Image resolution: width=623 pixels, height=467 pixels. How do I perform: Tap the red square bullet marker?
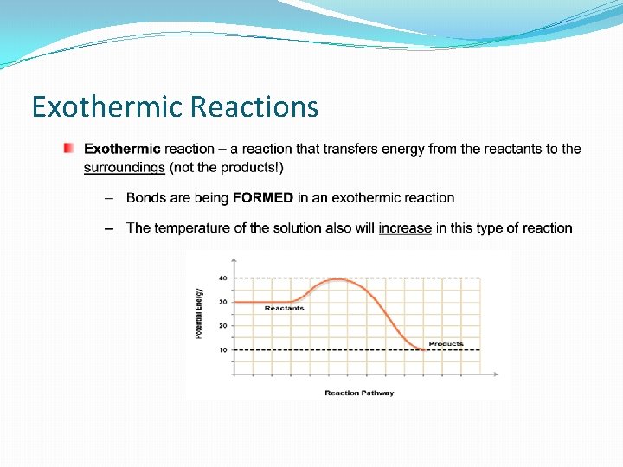(x=68, y=149)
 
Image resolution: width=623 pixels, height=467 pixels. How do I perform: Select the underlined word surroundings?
(x=124, y=167)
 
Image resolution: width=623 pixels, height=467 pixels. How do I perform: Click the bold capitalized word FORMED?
(x=262, y=198)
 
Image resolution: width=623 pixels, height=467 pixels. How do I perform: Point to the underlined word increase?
(x=405, y=228)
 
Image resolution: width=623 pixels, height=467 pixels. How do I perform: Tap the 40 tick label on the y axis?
(x=222, y=278)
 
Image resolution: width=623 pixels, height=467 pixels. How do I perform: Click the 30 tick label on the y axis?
(x=222, y=302)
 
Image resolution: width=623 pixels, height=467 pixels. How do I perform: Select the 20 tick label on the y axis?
(x=222, y=326)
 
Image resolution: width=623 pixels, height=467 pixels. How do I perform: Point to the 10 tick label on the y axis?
(x=222, y=349)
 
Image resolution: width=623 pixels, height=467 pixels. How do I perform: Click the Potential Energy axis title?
(x=199, y=313)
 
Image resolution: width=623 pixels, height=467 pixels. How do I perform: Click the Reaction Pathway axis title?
(x=359, y=393)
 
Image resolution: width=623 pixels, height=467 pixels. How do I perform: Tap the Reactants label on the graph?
(x=284, y=309)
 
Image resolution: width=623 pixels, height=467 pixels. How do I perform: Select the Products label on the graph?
(x=446, y=343)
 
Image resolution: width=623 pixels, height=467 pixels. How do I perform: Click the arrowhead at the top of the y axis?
(x=233, y=259)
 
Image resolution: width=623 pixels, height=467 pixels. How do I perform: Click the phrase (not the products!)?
(x=226, y=167)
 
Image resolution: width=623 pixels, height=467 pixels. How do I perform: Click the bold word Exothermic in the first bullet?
(x=122, y=149)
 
